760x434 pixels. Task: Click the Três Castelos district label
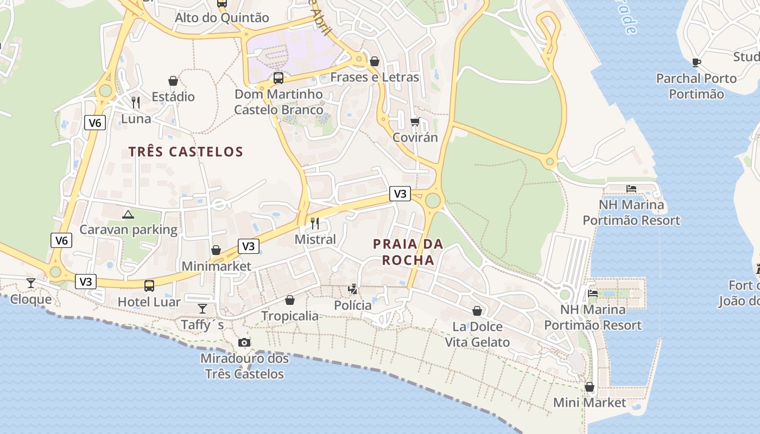[186, 151]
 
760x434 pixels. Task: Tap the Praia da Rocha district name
[408, 252]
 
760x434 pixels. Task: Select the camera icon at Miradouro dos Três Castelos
[244, 342]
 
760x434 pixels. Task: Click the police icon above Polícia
[353, 289]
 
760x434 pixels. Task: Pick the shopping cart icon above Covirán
[415, 122]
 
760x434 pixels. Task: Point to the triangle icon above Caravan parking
[128, 214]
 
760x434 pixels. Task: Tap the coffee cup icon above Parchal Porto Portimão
[696, 62]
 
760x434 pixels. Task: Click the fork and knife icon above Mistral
[315, 223]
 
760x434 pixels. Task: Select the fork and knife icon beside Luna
[136, 102]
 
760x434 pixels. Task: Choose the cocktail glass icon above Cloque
[31, 283]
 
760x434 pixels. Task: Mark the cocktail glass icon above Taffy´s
[202, 308]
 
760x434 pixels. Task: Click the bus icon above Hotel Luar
[149, 285]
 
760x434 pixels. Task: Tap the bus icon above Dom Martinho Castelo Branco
[278, 78]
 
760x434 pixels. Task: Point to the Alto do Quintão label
[221, 18]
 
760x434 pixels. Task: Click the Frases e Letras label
[375, 77]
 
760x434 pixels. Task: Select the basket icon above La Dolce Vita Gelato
[477, 311]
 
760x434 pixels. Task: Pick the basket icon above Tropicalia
[290, 300]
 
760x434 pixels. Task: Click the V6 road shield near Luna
[95, 123]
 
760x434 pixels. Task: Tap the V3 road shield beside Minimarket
[248, 246]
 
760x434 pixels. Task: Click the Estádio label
[173, 97]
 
